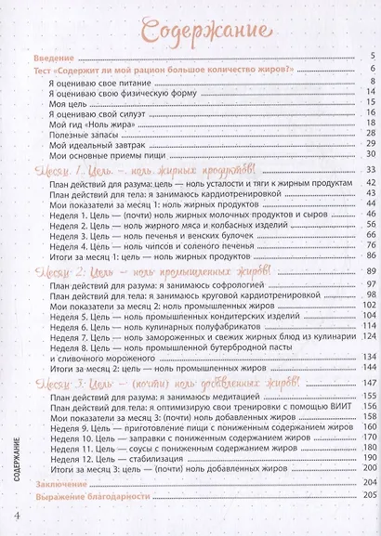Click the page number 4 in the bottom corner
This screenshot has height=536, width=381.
pyautogui.click(x=16, y=516)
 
